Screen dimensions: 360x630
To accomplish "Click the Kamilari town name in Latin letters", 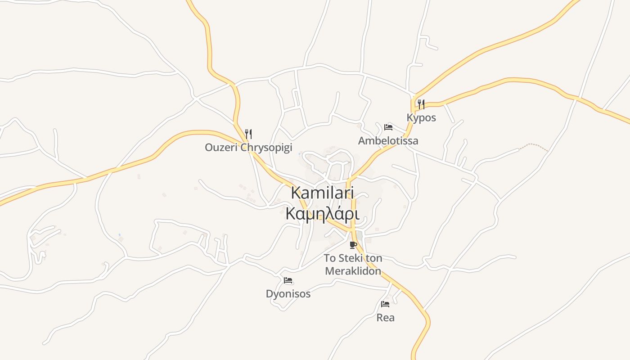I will [x=322, y=193].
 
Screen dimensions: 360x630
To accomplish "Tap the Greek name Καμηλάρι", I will [x=322, y=213].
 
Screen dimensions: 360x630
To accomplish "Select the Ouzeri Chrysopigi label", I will [x=248, y=147].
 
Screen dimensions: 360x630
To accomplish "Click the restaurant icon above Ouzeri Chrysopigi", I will [x=248, y=134].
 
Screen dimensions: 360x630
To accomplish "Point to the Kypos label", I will [x=421, y=117].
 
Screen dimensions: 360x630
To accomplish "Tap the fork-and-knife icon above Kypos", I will [x=421, y=104].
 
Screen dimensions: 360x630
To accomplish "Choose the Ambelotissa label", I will [x=388, y=140].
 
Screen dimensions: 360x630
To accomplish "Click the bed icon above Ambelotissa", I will [x=388, y=127].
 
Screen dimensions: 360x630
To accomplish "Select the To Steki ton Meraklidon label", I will [x=353, y=265].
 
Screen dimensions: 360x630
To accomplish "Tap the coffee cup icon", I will [x=353, y=245].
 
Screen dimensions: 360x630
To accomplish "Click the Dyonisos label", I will [x=288, y=294].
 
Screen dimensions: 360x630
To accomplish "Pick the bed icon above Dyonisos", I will [x=288, y=280].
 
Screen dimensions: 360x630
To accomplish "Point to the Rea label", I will [x=385, y=318].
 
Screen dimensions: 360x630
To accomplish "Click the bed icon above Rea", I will [x=385, y=304].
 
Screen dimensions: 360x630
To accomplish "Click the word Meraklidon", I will [x=353, y=271].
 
